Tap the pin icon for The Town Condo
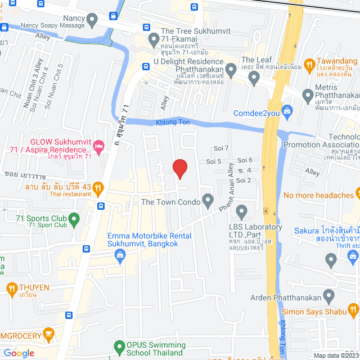(x=208, y=200)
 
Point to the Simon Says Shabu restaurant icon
(x=353, y=309)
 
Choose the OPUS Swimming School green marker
(x=119, y=347)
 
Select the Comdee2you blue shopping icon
(x=287, y=111)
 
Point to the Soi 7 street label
(x=221, y=148)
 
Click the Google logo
(x=19, y=353)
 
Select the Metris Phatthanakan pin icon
(x=308, y=96)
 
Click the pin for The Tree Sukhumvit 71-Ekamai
(x=153, y=40)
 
